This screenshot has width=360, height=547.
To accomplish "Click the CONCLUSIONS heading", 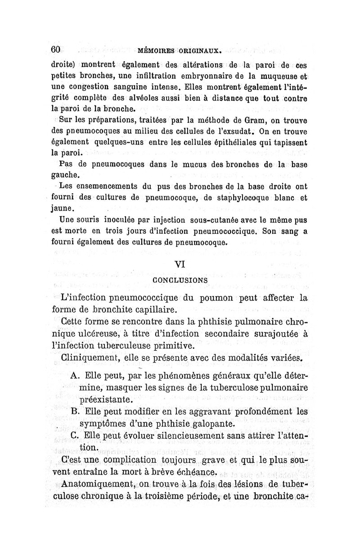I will coord(180,280).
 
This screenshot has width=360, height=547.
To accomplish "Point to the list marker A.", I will coord(75,376).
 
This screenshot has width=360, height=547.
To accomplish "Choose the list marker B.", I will coord(75,411).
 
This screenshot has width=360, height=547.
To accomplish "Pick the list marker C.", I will coord(75,436).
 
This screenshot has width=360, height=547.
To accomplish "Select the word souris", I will coord(85,221).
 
